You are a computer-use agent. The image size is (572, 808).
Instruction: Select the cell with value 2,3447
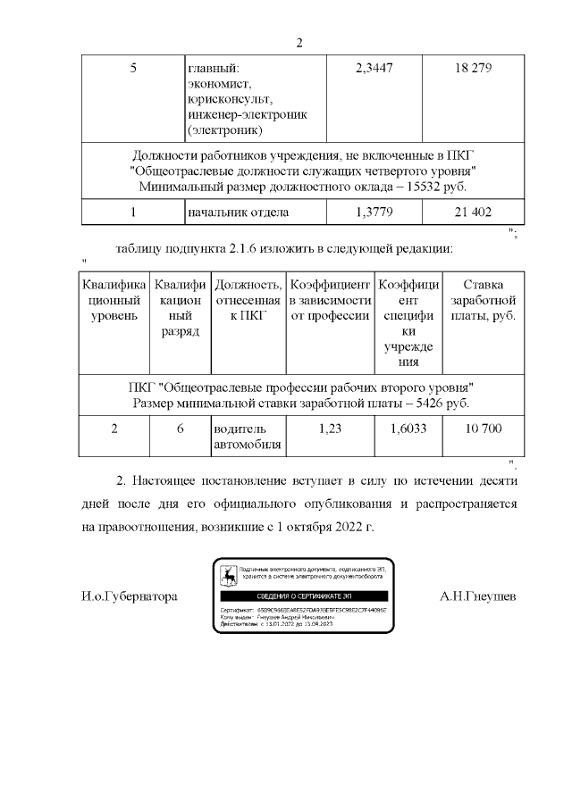(374, 69)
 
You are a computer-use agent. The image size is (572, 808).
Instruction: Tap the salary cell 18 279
(474, 69)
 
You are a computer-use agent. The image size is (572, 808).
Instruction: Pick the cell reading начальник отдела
(239, 212)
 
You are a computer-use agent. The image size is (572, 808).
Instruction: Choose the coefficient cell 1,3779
(374, 212)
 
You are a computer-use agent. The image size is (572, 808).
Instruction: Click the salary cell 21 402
(474, 212)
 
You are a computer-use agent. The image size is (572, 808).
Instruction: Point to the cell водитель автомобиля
(248, 436)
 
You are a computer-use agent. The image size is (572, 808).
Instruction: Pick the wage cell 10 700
(484, 428)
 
